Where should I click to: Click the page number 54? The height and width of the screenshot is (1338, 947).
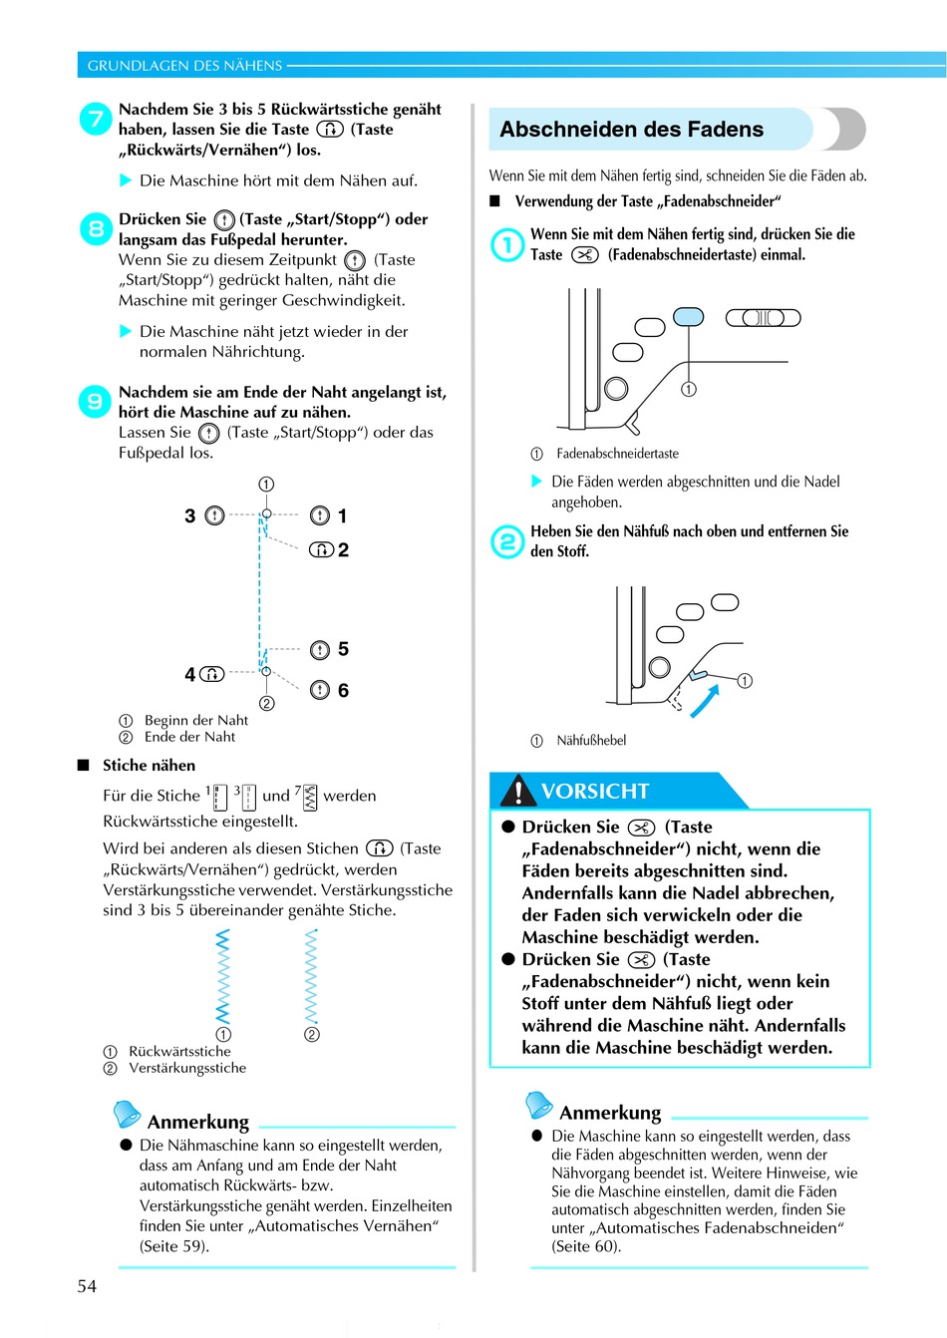tap(87, 1286)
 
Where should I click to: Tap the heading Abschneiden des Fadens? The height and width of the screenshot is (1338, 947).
tap(631, 130)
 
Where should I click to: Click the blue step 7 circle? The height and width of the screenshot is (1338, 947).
tap(96, 120)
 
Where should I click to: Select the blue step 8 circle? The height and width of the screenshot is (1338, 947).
tap(96, 229)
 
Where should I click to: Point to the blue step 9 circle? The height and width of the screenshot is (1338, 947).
tap(95, 402)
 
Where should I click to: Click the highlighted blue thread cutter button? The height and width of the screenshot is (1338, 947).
tap(688, 317)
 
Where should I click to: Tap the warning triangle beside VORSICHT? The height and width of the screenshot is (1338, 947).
tap(518, 792)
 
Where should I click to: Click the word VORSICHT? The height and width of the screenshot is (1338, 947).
tap(595, 792)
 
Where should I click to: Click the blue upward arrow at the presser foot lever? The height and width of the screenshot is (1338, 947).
tap(704, 703)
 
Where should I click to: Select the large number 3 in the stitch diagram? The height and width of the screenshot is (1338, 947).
tap(189, 515)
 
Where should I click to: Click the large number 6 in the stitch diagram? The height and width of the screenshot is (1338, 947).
tap(343, 690)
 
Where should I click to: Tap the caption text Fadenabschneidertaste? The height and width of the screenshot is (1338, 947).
tap(617, 454)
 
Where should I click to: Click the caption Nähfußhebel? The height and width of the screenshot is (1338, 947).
tap(591, 741)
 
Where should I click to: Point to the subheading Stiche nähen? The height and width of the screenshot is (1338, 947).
tap(149, 766)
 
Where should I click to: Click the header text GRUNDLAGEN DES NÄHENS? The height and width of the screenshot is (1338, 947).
tap(184, 66)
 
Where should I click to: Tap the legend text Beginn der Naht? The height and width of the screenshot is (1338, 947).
tap(195, 720)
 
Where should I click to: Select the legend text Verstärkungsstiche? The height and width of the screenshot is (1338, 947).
tap(187, 1068)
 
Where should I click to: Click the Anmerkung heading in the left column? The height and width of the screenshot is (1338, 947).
tap(198, 1122)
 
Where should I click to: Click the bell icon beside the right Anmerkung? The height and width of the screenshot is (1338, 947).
tap(538, 1105)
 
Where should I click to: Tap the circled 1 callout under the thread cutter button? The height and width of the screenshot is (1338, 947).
tap(689, 389)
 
